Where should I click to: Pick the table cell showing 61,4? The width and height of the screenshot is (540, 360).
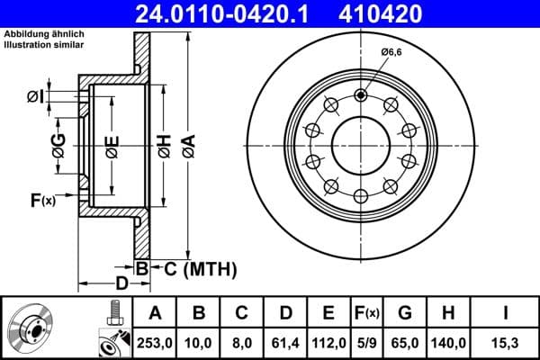(285, 343)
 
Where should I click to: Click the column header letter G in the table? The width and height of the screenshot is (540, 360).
(404, 313)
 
